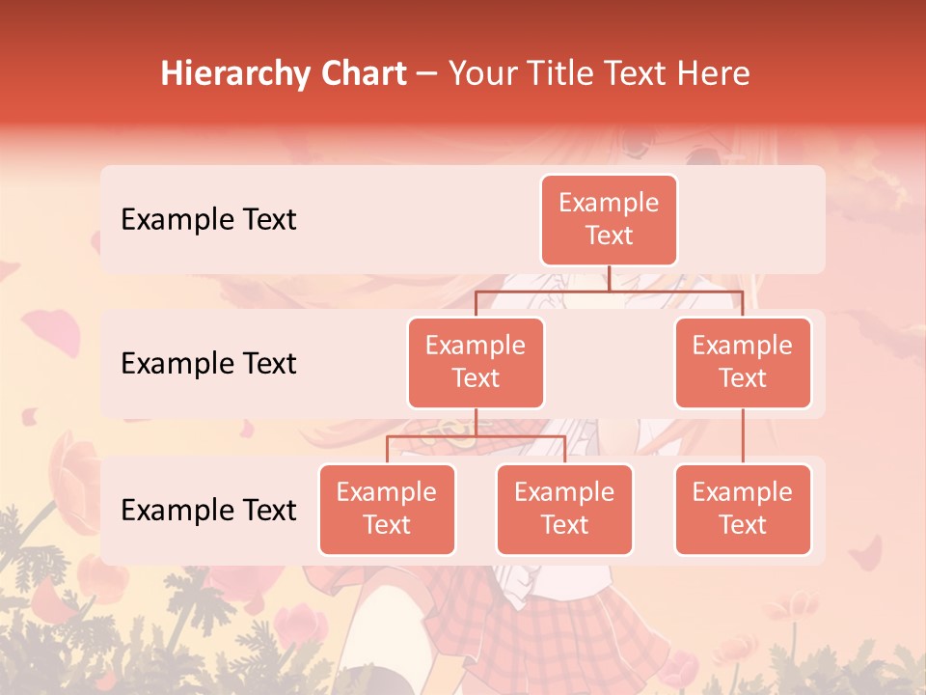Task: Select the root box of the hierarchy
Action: click(609, 220)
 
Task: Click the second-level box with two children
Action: click(476, 362)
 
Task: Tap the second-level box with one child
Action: click(743, 362)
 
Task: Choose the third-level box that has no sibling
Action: click(743, 509)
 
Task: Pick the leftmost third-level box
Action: click(387, 509)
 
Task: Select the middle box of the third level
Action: click(564, 509)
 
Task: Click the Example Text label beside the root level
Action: click(208, 220)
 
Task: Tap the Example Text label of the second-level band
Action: click(208, 364)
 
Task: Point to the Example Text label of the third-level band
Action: click(208, 511)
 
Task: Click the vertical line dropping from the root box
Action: click(609, 278)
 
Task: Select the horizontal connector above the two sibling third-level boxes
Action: click(476, 436)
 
